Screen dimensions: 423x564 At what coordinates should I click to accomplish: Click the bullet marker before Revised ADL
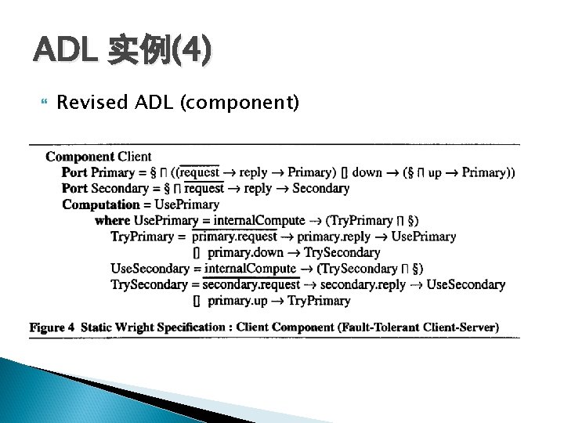43,103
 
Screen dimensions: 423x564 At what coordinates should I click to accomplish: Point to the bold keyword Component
80,157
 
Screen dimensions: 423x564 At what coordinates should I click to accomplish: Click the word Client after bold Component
135,157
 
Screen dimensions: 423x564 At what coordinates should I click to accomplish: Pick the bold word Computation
100,204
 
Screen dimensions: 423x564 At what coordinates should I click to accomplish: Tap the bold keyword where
112,221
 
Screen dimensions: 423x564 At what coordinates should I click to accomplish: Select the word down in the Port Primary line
367,172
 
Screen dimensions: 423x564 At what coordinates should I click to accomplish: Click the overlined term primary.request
235,237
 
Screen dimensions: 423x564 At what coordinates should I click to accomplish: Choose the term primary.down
245,252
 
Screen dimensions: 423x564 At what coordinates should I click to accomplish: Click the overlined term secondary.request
251,284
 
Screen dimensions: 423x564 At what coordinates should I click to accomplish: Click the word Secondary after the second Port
120,189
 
